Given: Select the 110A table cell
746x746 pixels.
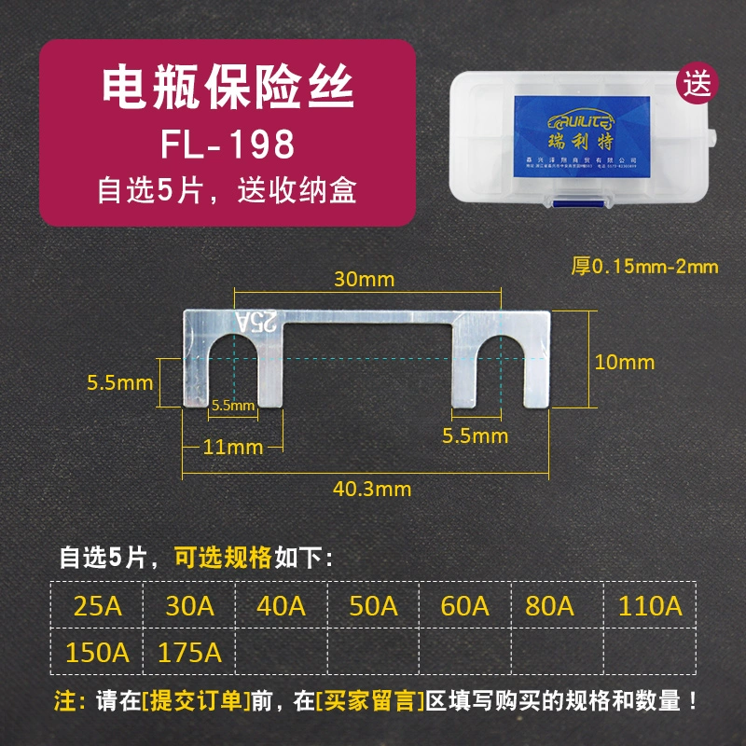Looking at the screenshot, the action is coord(650,606).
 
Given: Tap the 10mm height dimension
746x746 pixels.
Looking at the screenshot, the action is coord(625,362).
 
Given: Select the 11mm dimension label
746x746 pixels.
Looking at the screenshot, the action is coord(233,447).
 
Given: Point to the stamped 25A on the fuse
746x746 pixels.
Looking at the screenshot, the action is coord(257,323).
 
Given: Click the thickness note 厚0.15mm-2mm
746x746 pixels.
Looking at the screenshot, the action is coord(644,267).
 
